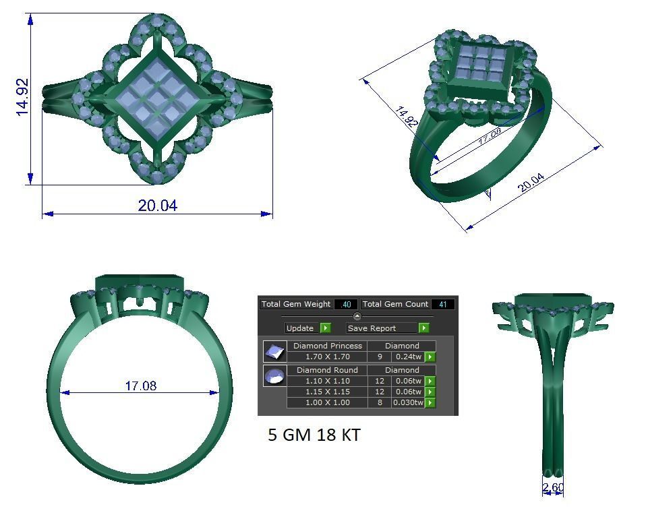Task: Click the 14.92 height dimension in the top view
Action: coord(22,97)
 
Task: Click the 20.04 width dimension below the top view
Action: coord(157,206)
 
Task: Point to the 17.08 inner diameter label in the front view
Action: coord(140,386)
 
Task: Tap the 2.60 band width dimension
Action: coord(552,487)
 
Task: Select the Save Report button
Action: coord(387,328)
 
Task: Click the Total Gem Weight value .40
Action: coord(345,305)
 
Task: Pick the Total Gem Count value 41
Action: coord(442,305)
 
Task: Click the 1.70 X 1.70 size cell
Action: coord(327,357)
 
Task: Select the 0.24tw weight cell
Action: coord(408,357)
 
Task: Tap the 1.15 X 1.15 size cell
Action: coord(327,392)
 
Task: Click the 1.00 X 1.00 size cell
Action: coord(327,402)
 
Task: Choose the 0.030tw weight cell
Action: coord(408,402)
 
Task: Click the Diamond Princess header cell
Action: coord(327,346)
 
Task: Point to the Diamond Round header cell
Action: coord(327,370)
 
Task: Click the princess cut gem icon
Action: coord(274,352)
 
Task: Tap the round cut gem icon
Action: coord(274,376)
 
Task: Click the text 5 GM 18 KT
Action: coord(314,435)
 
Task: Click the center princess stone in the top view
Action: coord(157,100)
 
